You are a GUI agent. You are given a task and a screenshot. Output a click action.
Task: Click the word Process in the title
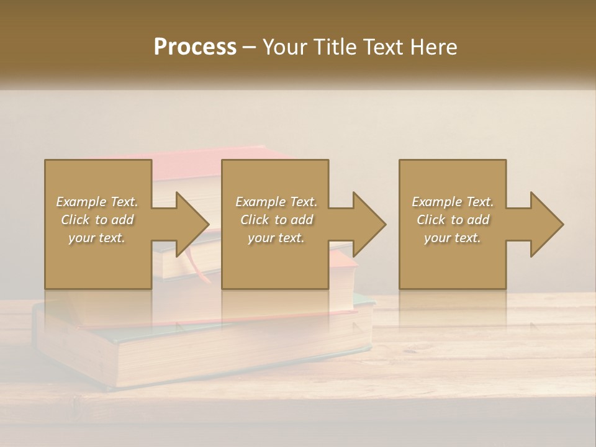pos(195,47)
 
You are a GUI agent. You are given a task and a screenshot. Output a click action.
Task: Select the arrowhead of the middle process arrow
pos(368,224)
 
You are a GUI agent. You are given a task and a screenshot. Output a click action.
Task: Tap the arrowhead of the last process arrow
pos(546,224)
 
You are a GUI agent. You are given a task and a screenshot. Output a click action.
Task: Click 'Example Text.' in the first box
pos(97,202)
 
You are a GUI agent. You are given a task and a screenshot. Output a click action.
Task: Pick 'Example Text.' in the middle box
pos(276,202)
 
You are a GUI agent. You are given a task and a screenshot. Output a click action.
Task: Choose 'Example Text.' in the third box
pos(453,202)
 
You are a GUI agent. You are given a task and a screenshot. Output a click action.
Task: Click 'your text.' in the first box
pos(97,238)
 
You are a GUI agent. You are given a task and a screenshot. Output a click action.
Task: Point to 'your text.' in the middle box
pos(276,238)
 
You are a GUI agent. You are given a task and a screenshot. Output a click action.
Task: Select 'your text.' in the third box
pos(453,238)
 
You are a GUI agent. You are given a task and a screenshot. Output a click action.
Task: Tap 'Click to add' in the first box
pos(97,220)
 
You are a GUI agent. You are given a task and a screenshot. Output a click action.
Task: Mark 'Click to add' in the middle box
pos(276,220)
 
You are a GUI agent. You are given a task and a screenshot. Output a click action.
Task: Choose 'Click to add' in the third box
pos(453,220)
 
